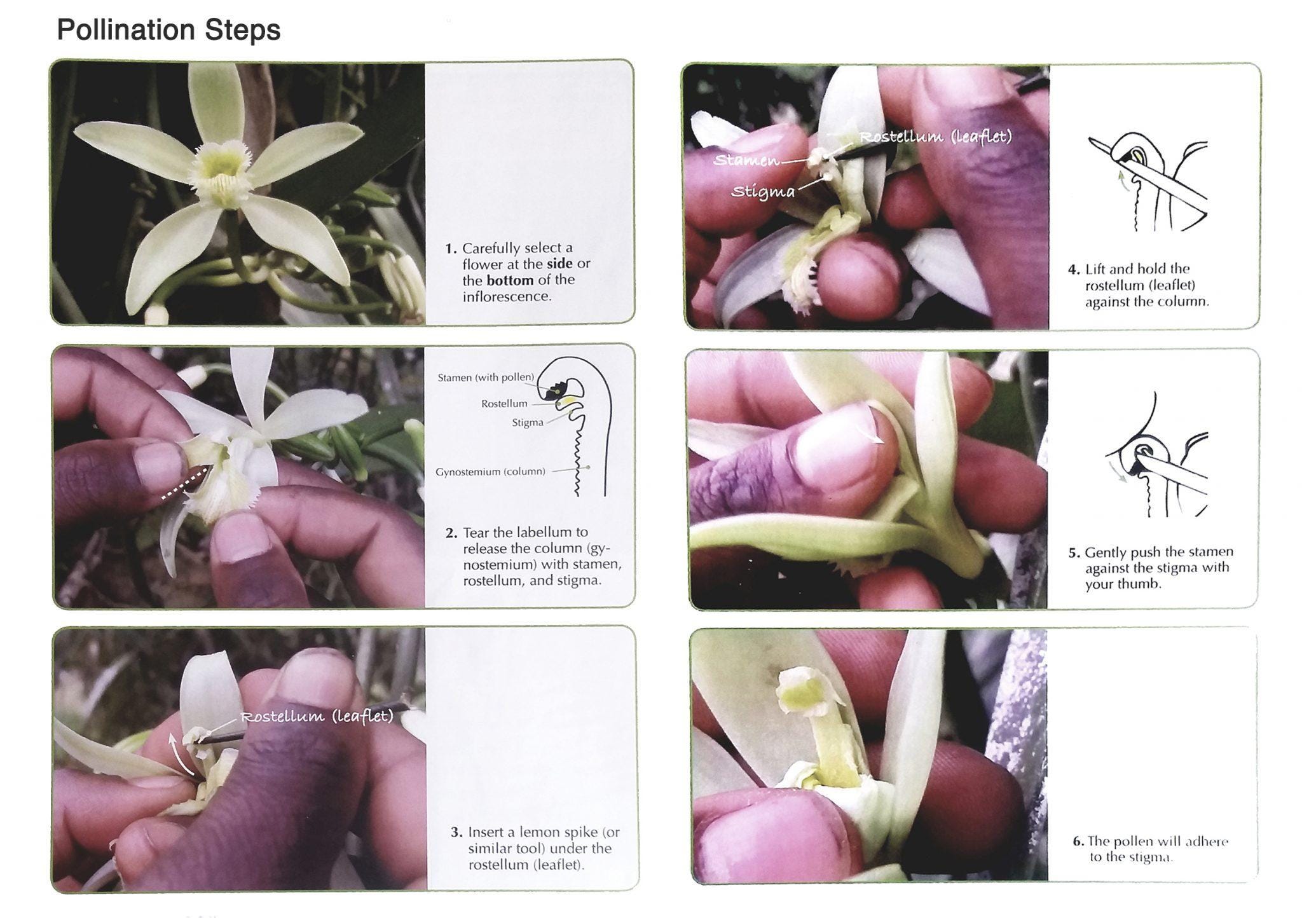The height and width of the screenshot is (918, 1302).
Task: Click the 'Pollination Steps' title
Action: (x=168, y=30)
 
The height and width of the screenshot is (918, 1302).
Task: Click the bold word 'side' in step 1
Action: (x=559, y=264)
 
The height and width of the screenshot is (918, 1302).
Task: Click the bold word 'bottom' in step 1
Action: (x=510, y=280)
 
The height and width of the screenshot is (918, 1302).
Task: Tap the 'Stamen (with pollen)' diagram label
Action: (x=486, y=378)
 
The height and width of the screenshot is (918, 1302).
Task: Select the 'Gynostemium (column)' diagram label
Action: (x=490, y=472)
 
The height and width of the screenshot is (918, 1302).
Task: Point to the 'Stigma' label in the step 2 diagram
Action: (x=528, y=423)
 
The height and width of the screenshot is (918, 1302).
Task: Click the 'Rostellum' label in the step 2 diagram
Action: (x=504, y=404)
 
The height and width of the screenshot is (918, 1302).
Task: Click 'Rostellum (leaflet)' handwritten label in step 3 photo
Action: (x=317, y=716)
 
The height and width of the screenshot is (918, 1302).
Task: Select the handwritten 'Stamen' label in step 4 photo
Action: (x=746, y=160)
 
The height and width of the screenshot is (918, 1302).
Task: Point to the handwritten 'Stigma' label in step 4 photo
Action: (x=763, y=191)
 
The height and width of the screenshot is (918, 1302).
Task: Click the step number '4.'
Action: (x=1074, y=270)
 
